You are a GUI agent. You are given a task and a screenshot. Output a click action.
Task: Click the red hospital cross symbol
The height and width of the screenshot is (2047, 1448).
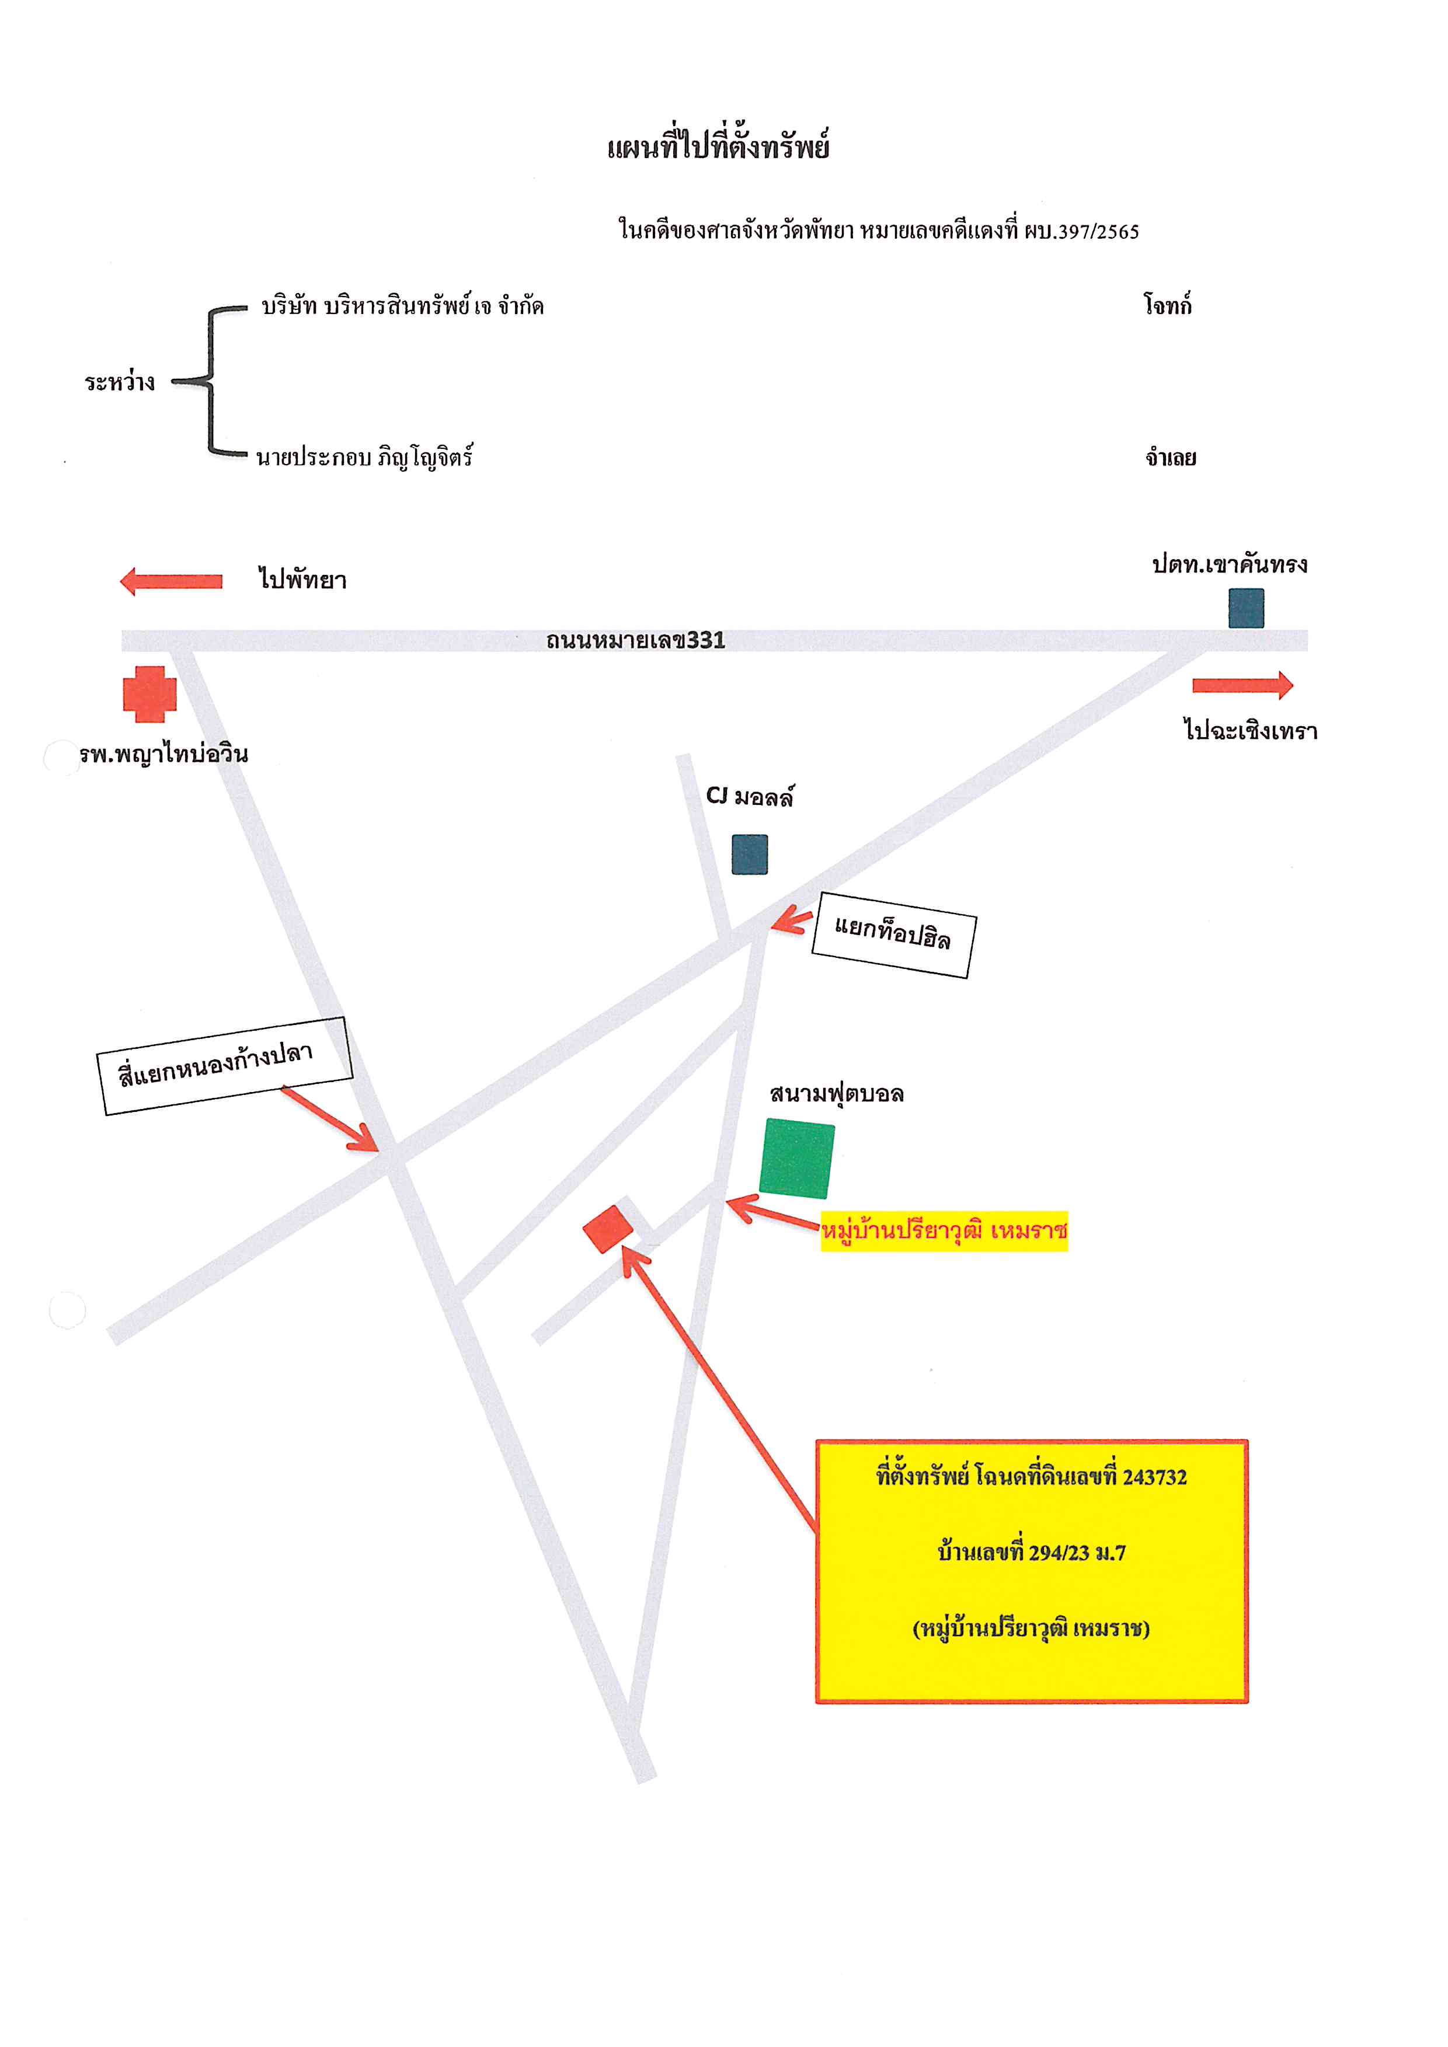(150, 693)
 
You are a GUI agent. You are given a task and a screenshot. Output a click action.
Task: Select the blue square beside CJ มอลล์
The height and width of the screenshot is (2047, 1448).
(750, 854)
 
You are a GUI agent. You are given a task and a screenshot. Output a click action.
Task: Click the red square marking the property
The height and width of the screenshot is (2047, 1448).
(608, 1229)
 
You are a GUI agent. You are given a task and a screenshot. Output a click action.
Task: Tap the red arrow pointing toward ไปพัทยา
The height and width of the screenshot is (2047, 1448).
(171, 581)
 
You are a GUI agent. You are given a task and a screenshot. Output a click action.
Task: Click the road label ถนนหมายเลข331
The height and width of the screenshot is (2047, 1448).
(636, 640)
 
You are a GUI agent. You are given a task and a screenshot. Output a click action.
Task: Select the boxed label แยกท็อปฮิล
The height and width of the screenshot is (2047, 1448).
(893, 934)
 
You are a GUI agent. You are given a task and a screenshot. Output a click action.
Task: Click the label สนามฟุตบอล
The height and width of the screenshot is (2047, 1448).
(836, 1094)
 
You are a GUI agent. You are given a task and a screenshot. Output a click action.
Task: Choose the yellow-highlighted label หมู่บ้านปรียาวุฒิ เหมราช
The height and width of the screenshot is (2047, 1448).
(944, 1231)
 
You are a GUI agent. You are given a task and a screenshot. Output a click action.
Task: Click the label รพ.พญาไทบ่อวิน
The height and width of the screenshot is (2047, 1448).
(163, 754)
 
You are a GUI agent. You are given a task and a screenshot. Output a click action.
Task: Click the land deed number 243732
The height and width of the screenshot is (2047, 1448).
(1155, 1477)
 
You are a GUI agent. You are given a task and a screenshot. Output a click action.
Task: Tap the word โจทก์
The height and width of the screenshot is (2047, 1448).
(1168, 305)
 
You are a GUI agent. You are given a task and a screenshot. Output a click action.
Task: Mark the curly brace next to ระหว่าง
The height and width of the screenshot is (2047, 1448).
(210, 382)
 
